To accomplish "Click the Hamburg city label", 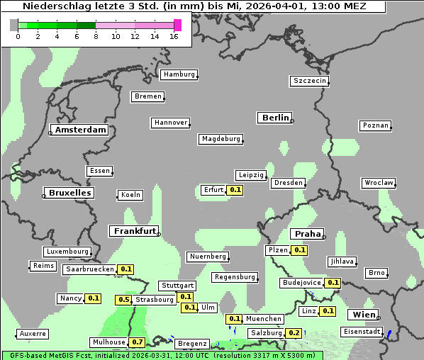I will (179, 74).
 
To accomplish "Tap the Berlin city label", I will (275, 118).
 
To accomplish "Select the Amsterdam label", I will (80, 130).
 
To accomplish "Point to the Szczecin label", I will (310, 81).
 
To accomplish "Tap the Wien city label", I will (362, 315).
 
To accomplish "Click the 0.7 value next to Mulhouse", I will (138, 342).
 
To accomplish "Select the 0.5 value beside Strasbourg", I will (124, 300).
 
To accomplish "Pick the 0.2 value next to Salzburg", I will (294, 333).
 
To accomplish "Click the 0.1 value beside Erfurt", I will (235, 190).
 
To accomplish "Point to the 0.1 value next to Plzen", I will (299, 250).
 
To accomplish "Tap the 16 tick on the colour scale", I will (174, 36).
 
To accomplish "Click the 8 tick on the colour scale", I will (96, 36).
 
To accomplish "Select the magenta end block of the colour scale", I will (177, 25).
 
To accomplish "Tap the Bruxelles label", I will (69, 193).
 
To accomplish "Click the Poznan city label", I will (376, 125).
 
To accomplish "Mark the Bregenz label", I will (192, 344).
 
